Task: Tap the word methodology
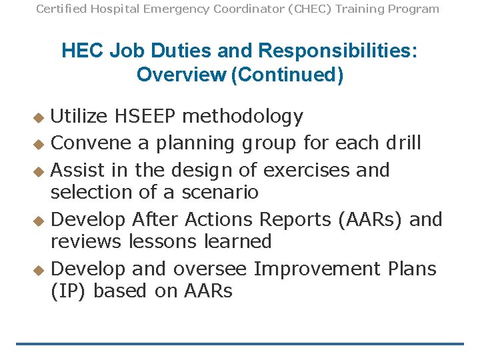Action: pyautogui.click(x=243, y=117)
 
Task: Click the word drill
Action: pyautogui.click(x=403, y=143)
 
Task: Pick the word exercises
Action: pyautogui.click(x=306, y=171)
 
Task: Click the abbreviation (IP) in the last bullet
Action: pyautogui.click(x=70, y=291)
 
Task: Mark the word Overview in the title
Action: pyautogui.click(x=181, y=75)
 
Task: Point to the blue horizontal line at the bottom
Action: pyautogui.click(x=240, y=344)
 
